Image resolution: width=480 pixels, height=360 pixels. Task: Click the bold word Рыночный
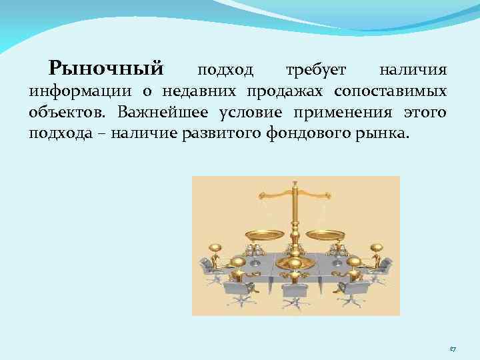[106, 68]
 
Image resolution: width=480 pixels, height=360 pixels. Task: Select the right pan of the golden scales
[325, 234]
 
